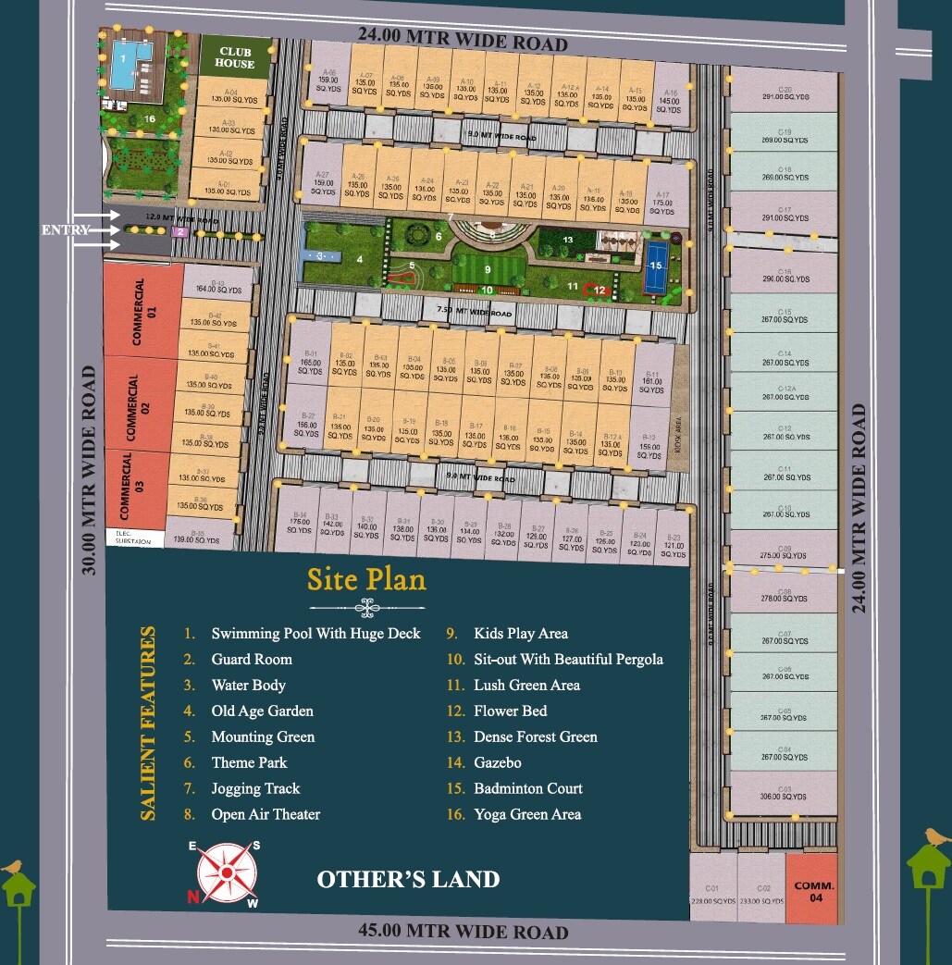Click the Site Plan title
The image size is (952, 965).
(366, 580)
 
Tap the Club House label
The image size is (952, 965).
(235, 58)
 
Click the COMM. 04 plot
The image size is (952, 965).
(813, 889)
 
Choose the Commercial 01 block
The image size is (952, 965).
(141, 311)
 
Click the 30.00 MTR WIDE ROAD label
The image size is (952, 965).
(90, 470)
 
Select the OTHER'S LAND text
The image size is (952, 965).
(408, 879)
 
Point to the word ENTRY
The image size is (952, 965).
(65, 229)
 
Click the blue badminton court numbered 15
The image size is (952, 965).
(656, 267)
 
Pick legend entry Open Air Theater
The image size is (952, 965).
(266, 814)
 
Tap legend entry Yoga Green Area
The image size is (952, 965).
(527, 814)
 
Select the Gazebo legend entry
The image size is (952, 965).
(498, 762)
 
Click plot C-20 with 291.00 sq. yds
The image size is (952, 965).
(785, 93)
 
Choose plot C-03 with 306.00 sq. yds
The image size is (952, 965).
(785, 793)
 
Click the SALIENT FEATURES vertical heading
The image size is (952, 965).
(147, 724)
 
